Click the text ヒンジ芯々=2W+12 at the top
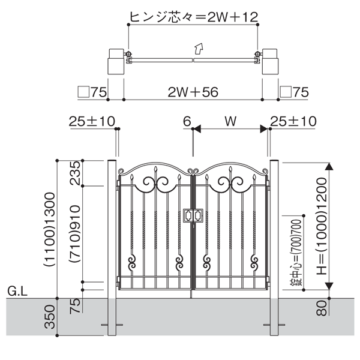[x=193, y=15]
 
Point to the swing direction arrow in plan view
[x=197, y=48]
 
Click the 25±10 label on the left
[x=91, y=122]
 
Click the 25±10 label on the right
[x=293, y=122]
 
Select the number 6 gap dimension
[x=187, y=122]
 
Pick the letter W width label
[x=230, y=121]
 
